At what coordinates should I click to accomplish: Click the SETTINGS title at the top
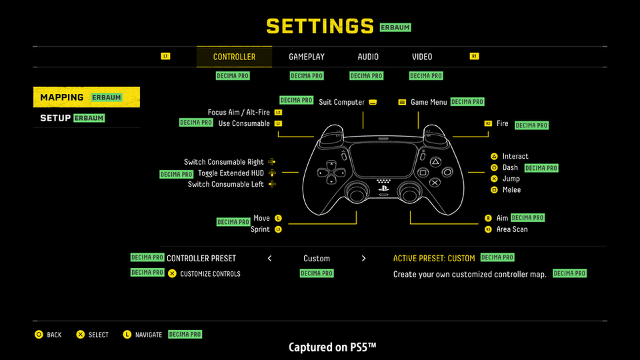(320, 26)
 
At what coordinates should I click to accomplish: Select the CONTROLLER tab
(234, 57)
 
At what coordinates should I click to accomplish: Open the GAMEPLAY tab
(307, 57)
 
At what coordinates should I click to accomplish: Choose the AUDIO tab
(368, 57)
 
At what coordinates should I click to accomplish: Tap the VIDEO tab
(422, 57)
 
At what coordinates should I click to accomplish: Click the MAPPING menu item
(62, 97)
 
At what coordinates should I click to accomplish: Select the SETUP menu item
(55, 118)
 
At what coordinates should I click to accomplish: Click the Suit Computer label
(341, 102)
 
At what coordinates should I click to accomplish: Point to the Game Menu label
(429, 102)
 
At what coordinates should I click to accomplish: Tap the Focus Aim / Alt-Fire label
(239, 113)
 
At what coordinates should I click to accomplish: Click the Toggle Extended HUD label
(231, 173)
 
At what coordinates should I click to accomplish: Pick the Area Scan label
(512, 229)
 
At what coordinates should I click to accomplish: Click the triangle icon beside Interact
(494, 157)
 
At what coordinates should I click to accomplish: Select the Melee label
(512, 190)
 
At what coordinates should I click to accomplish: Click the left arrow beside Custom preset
(269, 259)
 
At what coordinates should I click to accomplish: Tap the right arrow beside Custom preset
(363, 259)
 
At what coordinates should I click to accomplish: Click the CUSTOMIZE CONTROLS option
(210, 274)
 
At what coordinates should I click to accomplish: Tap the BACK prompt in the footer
(53, 335)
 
